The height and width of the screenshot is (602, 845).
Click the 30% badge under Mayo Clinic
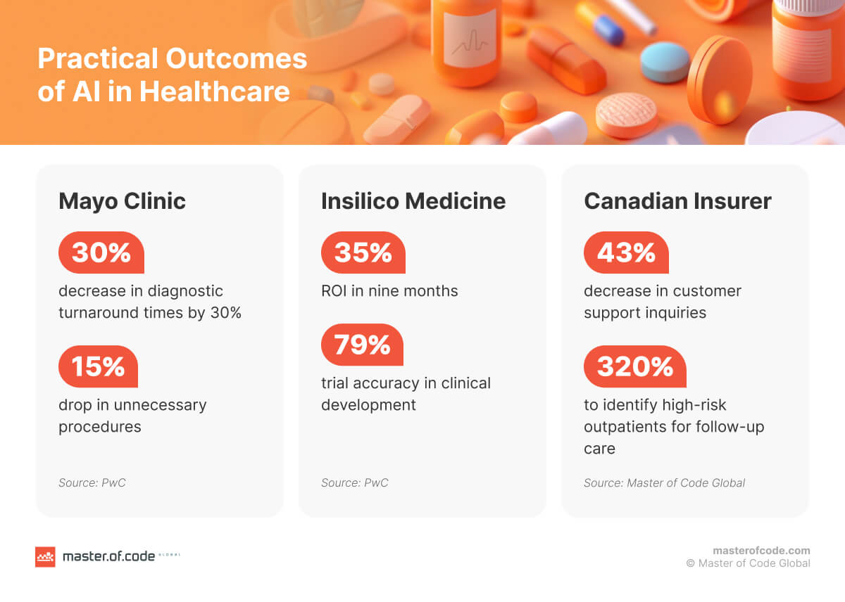pos(101,252)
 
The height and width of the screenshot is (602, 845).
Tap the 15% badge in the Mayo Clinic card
pos(98,366)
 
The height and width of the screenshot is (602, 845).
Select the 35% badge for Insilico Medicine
pos(363,252)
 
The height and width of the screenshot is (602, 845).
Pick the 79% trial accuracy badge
pos(362,345)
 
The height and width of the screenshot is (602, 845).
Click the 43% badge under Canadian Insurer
pos(626,252)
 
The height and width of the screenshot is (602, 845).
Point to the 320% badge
pos(634,366)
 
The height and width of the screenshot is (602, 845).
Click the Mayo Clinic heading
pos(122,201)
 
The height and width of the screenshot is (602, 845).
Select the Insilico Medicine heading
pos(413,201)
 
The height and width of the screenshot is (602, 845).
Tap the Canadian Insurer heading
pos(677,201)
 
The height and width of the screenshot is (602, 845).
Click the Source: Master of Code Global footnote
pos(664,483)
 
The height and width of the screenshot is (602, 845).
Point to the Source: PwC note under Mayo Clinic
pos(92,483)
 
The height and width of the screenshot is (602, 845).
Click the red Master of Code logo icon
pos(45,556)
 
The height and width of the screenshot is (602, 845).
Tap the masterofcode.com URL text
pos(761,551)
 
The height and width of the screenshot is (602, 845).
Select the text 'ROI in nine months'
pos(389,291)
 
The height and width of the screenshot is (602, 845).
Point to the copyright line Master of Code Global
pos(748,563)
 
